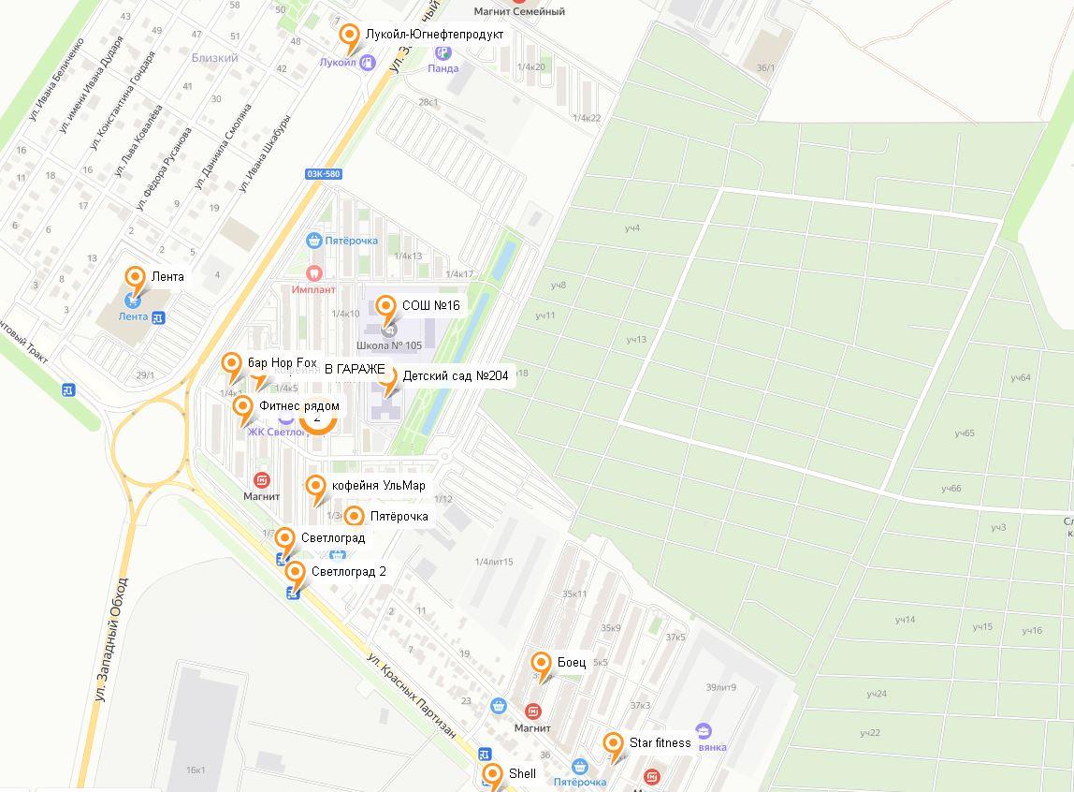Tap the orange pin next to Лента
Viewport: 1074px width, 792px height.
click(x=135, y=278)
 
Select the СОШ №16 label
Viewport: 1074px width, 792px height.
click(x=430, y=305)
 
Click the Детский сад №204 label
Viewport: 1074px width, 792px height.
click(x=455, y=376)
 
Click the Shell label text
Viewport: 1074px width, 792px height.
click(x=522, y=774)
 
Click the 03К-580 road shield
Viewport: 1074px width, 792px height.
click(x=323, y=174)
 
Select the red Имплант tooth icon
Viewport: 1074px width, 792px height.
click(x=313, y=273)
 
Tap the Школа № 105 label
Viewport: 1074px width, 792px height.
click(x=389, y=345)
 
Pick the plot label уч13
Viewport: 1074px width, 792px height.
click(x=636, y=339)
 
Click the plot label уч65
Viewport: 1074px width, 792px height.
click(x=965, y=433)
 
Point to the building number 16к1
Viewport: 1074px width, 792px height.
click(x=196, y=770)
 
